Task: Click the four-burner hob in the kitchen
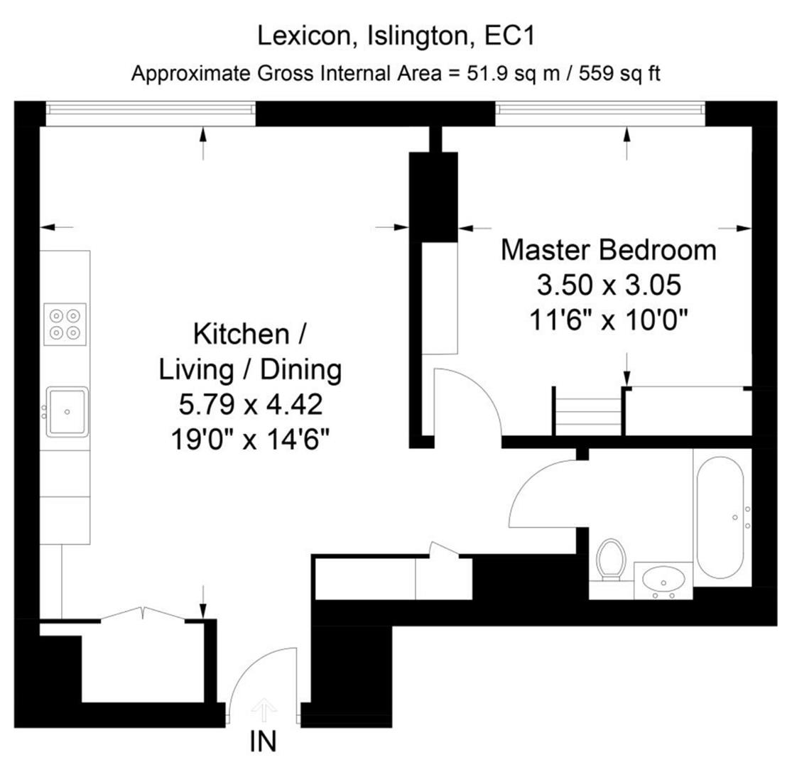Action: coord(65,323)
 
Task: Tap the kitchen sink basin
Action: coord(67,411)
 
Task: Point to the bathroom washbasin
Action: coord(663,581)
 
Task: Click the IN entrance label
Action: coord(263,742)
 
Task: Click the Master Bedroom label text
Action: coord(609,251)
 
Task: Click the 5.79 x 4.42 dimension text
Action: coord(251,406)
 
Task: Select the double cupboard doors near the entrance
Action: coord(144,614)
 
